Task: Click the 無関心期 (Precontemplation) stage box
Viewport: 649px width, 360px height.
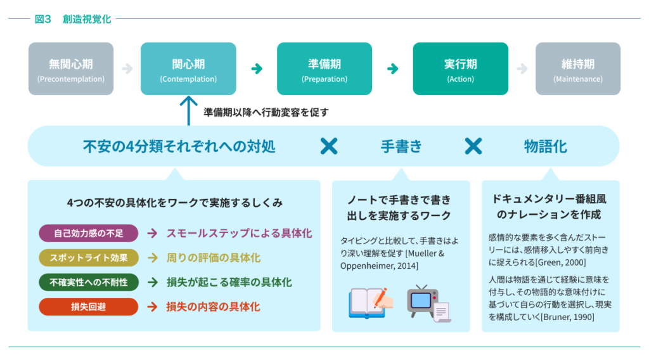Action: [71, 68]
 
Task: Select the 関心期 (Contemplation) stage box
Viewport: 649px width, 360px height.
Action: [188, 68]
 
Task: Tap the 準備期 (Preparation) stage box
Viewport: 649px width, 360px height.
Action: [324, 68]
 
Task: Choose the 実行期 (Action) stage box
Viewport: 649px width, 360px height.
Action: [460, 68]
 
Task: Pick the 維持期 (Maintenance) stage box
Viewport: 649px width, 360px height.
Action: [577, 68]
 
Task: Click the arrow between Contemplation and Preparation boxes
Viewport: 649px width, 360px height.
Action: [257, 68]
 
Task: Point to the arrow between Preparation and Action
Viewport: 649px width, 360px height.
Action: [393, 68]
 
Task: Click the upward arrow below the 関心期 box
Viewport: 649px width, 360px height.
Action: [188, 110]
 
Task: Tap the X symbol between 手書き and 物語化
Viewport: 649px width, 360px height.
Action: [473, 146]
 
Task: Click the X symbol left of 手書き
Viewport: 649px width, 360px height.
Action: [328, 146]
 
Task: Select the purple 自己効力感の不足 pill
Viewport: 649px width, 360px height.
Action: [89, 233]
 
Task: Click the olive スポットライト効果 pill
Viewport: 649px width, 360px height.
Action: [89, 258]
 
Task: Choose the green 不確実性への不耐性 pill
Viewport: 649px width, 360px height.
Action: [89, 282]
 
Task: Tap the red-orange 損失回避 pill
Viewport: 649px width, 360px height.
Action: [89, 307]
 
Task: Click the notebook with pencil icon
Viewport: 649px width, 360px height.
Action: [371, 303]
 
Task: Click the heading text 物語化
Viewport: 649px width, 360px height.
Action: [545, 146]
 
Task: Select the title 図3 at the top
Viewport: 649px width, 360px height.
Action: [43, 19]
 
